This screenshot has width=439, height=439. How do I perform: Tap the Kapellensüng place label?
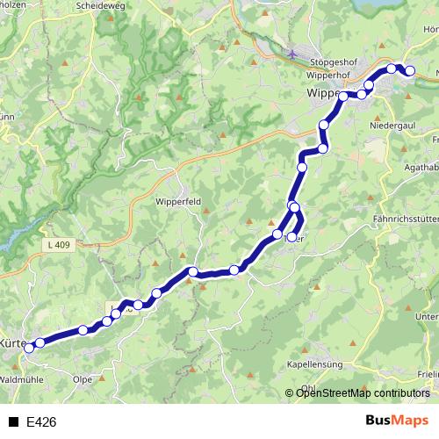(315, 363)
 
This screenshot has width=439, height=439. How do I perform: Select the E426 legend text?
(41, 422)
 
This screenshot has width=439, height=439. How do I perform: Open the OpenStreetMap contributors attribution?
(362, 393)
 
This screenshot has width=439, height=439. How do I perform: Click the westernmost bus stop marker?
(28, 348)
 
